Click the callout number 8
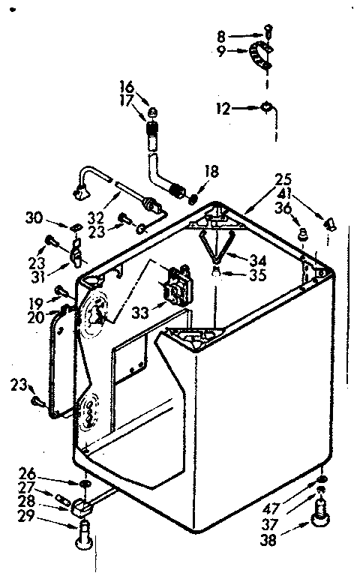(221, 34)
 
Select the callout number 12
(223, 109)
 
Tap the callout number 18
(211, 172)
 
